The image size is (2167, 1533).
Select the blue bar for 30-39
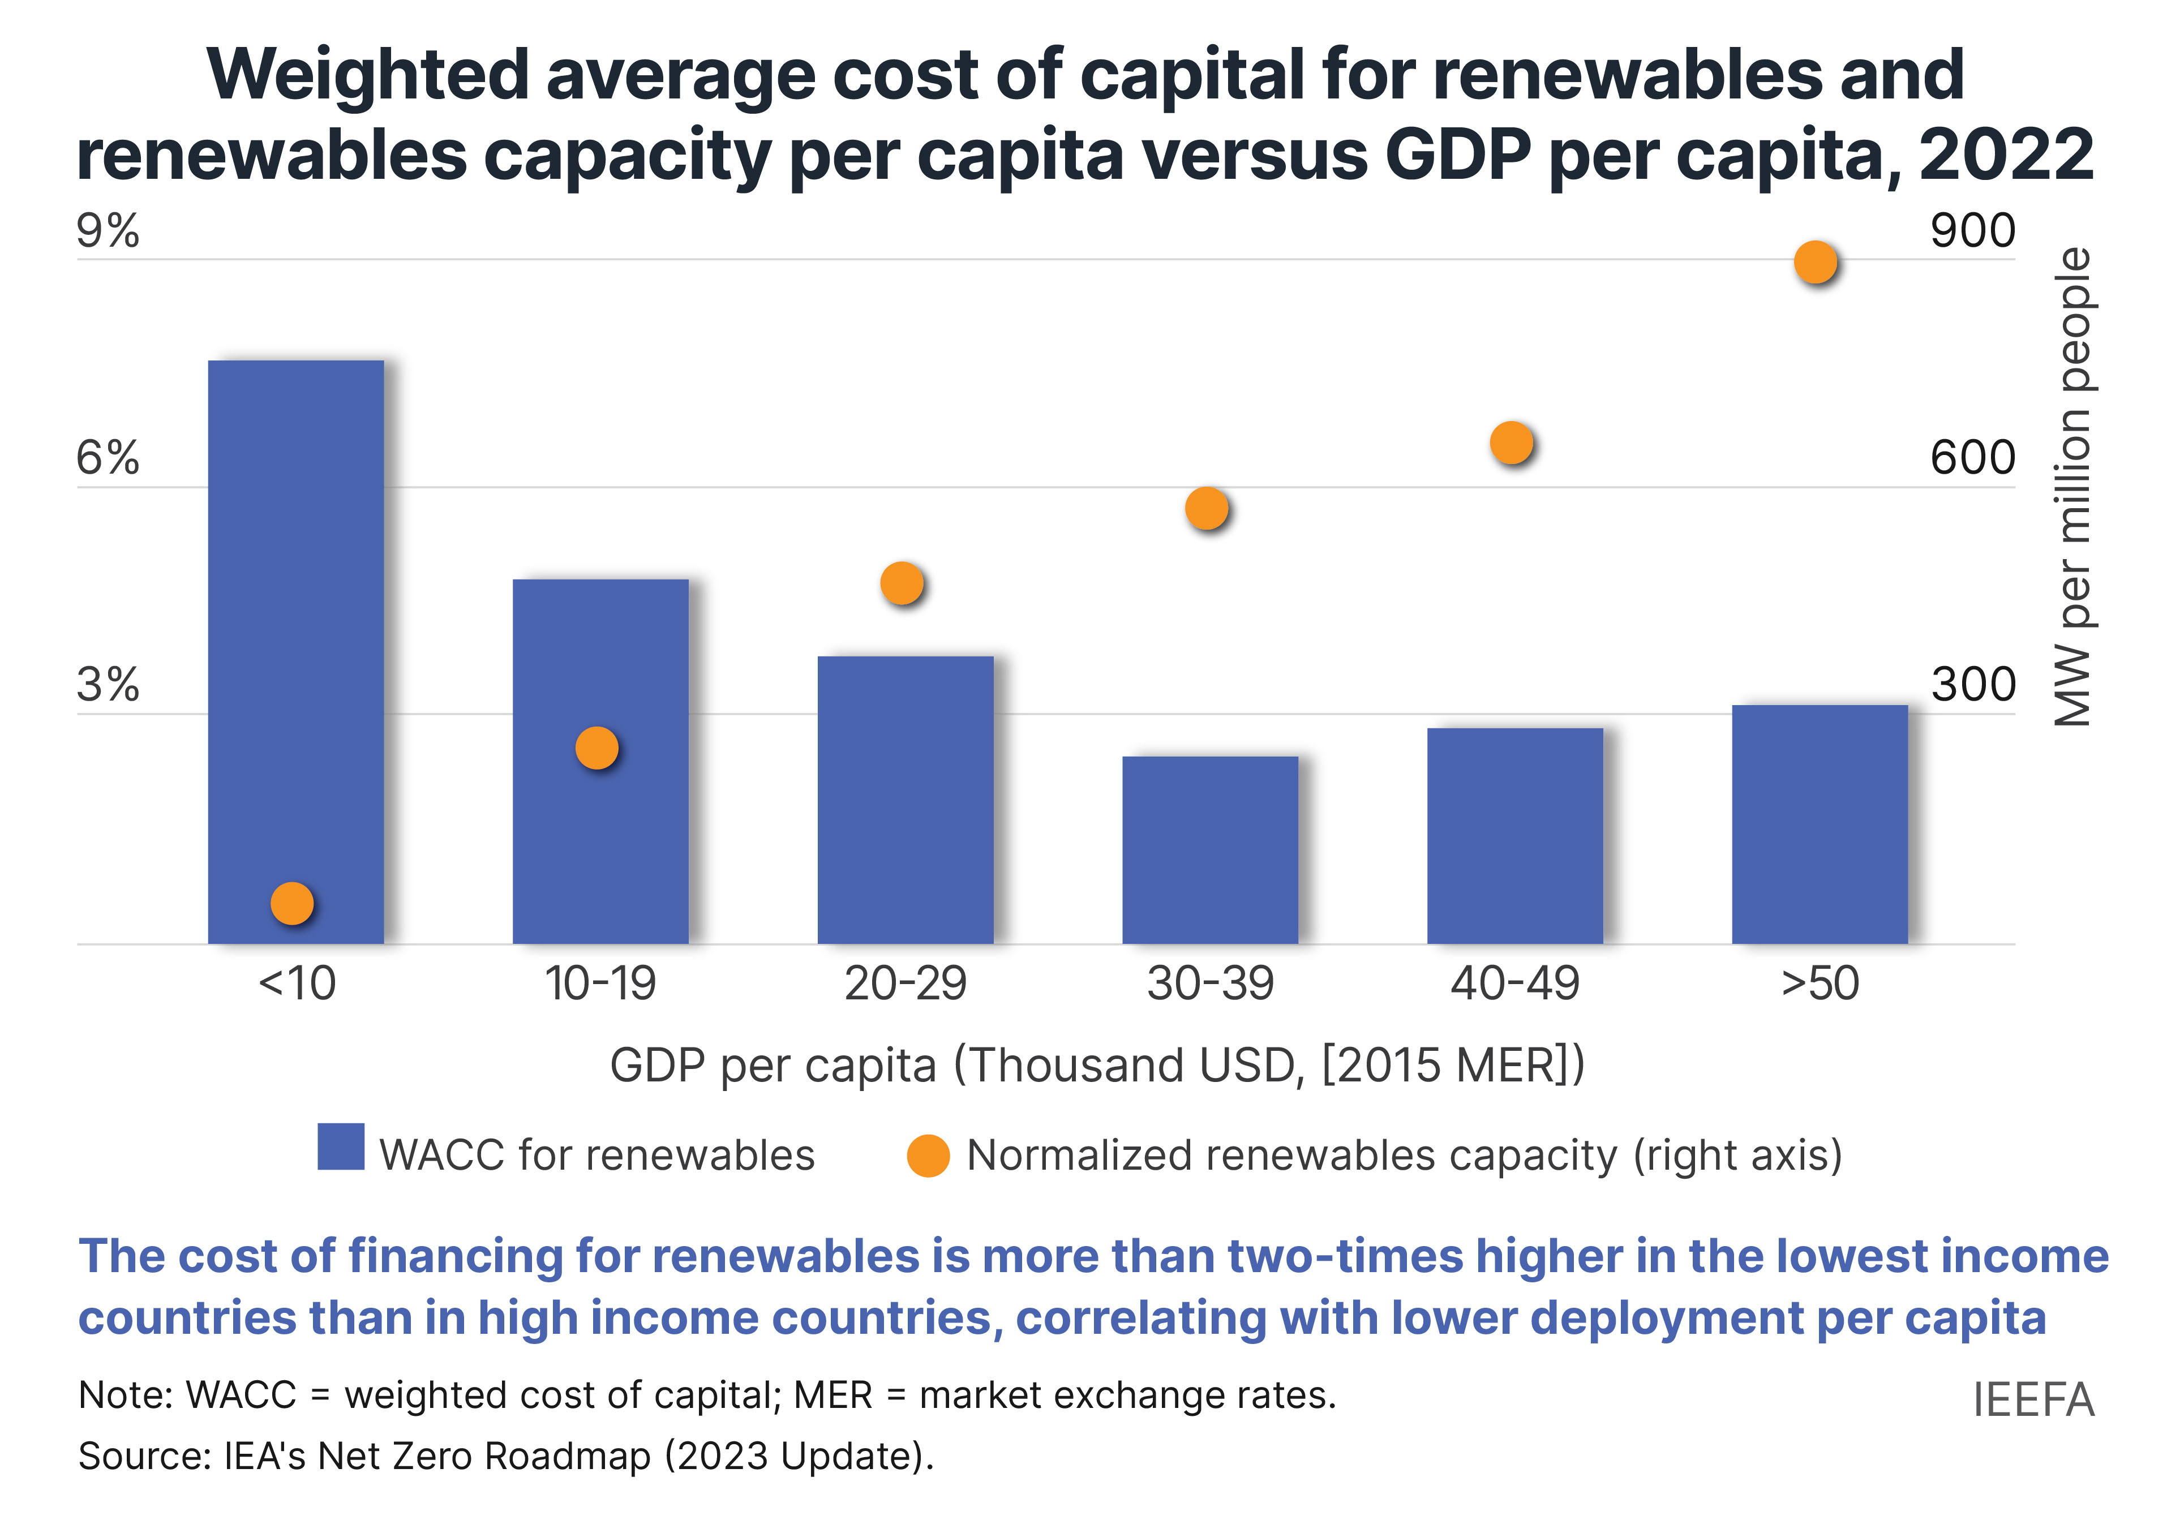click(x=1210, y=849)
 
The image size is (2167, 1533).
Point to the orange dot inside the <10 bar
click(x=291, y=903)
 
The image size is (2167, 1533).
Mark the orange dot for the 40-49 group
click(x=1511, y=442)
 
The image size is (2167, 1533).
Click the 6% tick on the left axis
click(x=108, y=459)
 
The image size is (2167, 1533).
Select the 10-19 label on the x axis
click(x=600, y=984)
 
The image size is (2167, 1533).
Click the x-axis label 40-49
click(x=1514, y=984)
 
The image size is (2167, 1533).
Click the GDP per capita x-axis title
click(x=1097, y=1066)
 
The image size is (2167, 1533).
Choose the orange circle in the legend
click(x=928, y=1156)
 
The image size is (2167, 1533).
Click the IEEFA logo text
click(x=2033, y=1400)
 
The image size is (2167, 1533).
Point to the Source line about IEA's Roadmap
click(x=506, y=1457)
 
